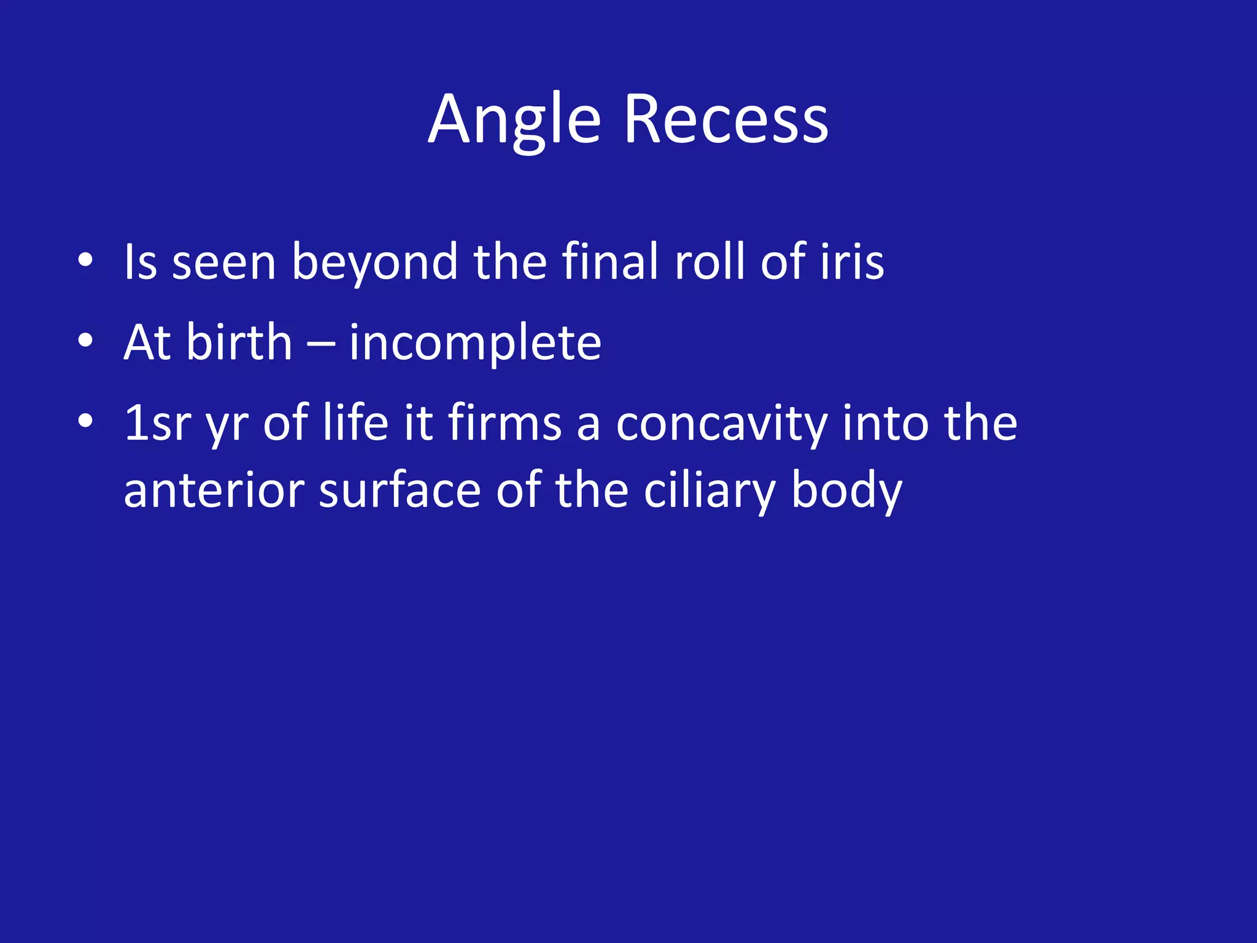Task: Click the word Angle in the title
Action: pos(514,120)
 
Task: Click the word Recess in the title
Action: pos(726,120)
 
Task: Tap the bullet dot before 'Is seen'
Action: pos(85,260)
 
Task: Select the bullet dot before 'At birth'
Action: pos(85,341)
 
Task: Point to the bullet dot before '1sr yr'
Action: pos(85,421)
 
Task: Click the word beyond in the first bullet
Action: pos(374,262)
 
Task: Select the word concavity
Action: pos(721,424)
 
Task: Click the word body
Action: pos(846,492)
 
